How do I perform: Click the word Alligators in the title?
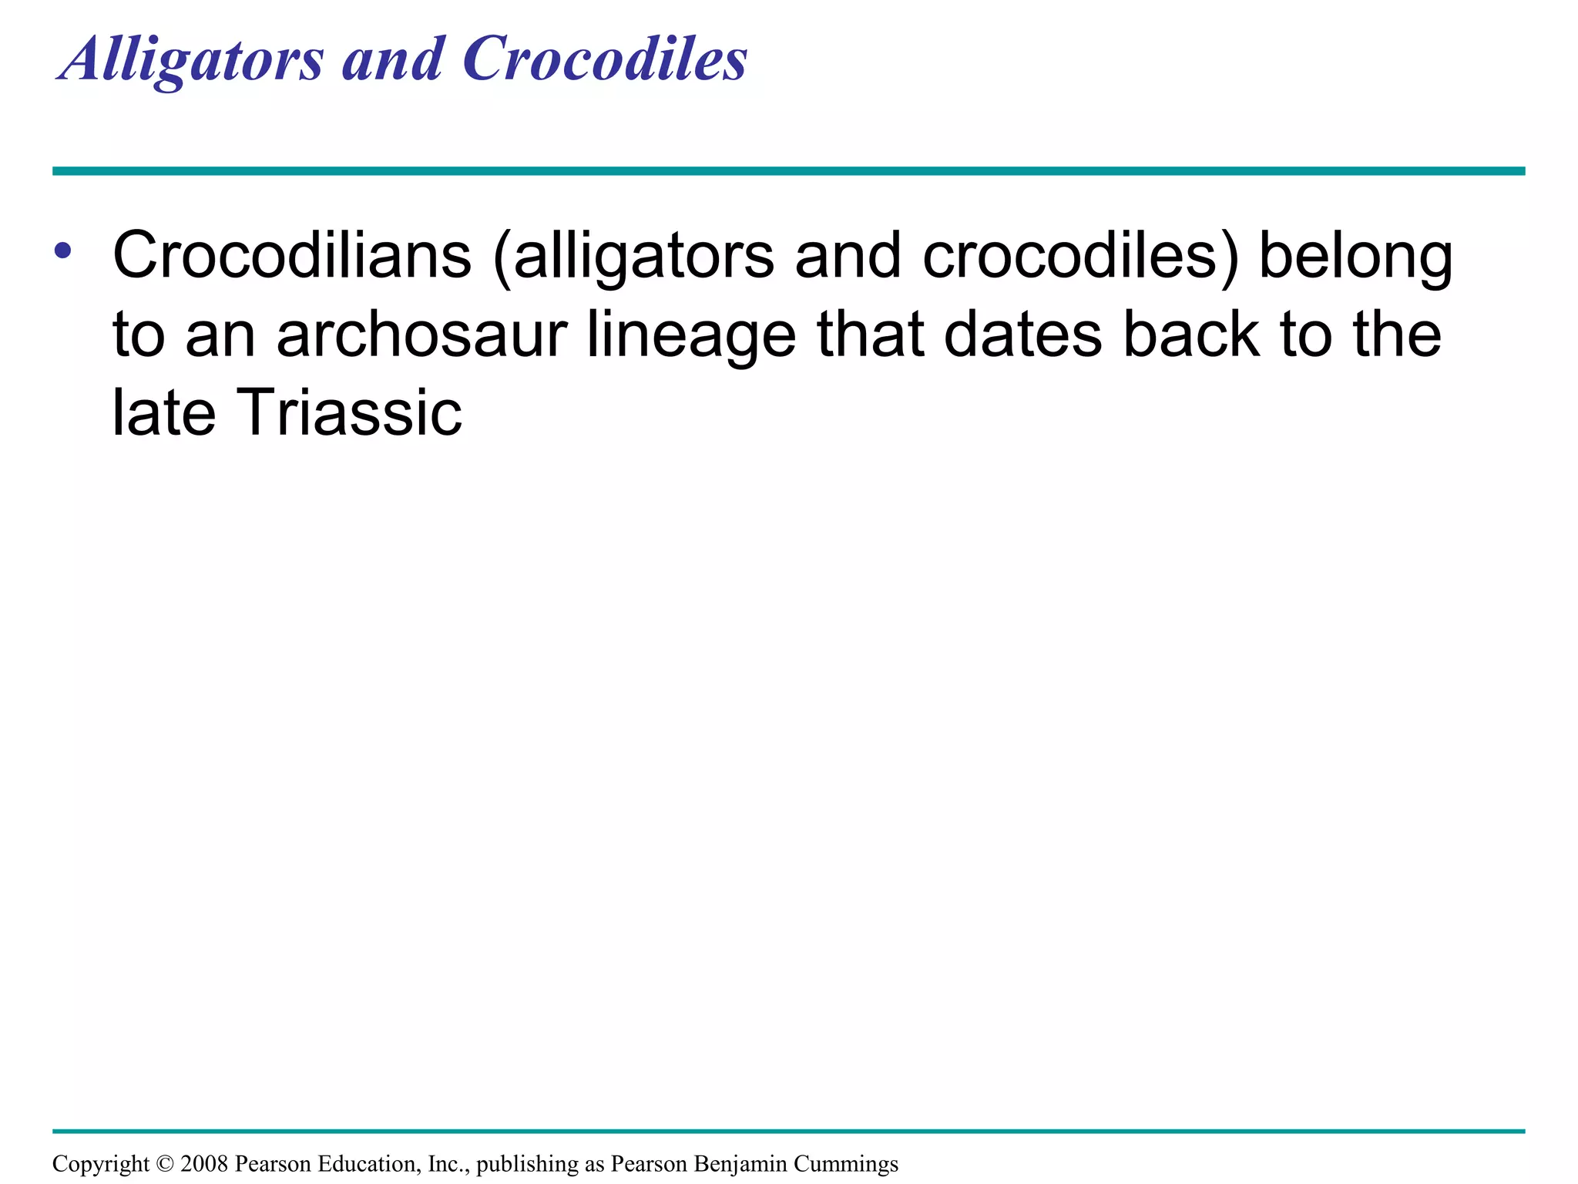tap(191, 60)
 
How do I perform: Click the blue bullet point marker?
tap(63, 251)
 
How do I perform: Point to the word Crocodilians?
tap(291, 256)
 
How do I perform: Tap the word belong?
tap(1355, 257)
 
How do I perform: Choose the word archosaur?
tap(421, 335)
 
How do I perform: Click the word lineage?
tap(691, 337)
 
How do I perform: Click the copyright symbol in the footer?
tap(165, 1164)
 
